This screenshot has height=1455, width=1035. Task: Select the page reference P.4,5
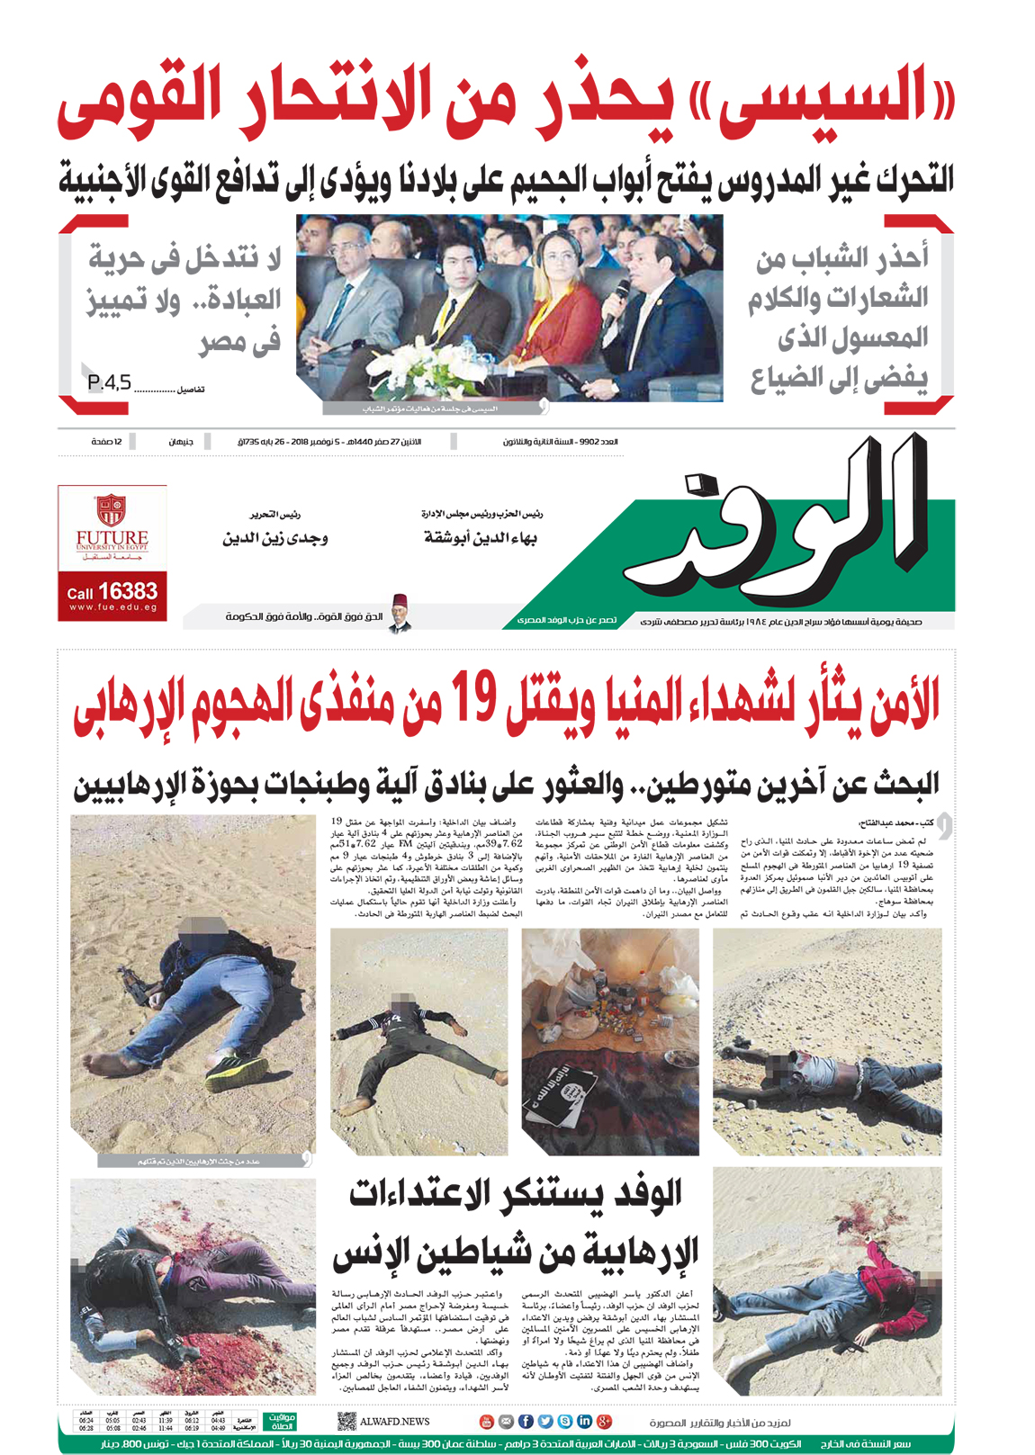pos(109,383)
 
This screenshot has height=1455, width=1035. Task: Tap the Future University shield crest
pos(112,509)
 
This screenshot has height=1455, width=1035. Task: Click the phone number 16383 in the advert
pos(127,591)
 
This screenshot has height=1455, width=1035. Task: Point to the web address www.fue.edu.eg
pos(112,608)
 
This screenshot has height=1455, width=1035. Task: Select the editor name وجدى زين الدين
pos(275,538)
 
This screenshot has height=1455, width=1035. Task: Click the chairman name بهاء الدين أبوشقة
pos(481,538)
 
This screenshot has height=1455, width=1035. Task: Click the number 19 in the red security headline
pos(473,700)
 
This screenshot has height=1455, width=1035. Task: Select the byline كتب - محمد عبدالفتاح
pos(895,822)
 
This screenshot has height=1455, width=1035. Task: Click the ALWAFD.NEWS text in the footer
pos(395,1422)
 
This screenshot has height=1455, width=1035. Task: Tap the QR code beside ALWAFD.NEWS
pos(346,1422)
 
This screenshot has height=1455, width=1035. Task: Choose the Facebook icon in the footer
pos(526,1422)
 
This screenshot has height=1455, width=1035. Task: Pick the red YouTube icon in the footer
pos(486,1422)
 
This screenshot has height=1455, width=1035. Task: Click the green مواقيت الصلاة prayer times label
pos(282,1422)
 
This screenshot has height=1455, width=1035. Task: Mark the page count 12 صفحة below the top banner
pos(107,442)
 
